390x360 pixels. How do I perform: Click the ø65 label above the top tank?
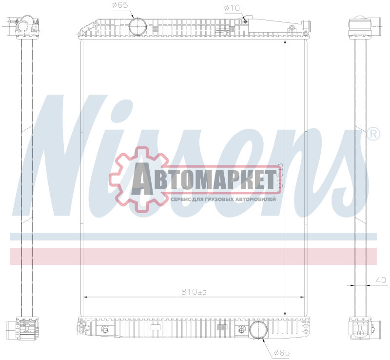coord(120,5)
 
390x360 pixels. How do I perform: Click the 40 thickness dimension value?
coord(381,280)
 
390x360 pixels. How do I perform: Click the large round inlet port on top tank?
coord(137,26)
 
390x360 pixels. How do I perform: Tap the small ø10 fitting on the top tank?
coord(247,20)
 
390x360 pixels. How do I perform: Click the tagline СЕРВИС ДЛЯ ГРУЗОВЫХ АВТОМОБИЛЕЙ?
coord(223,199)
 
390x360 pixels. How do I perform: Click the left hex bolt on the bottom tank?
coord(104,330)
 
